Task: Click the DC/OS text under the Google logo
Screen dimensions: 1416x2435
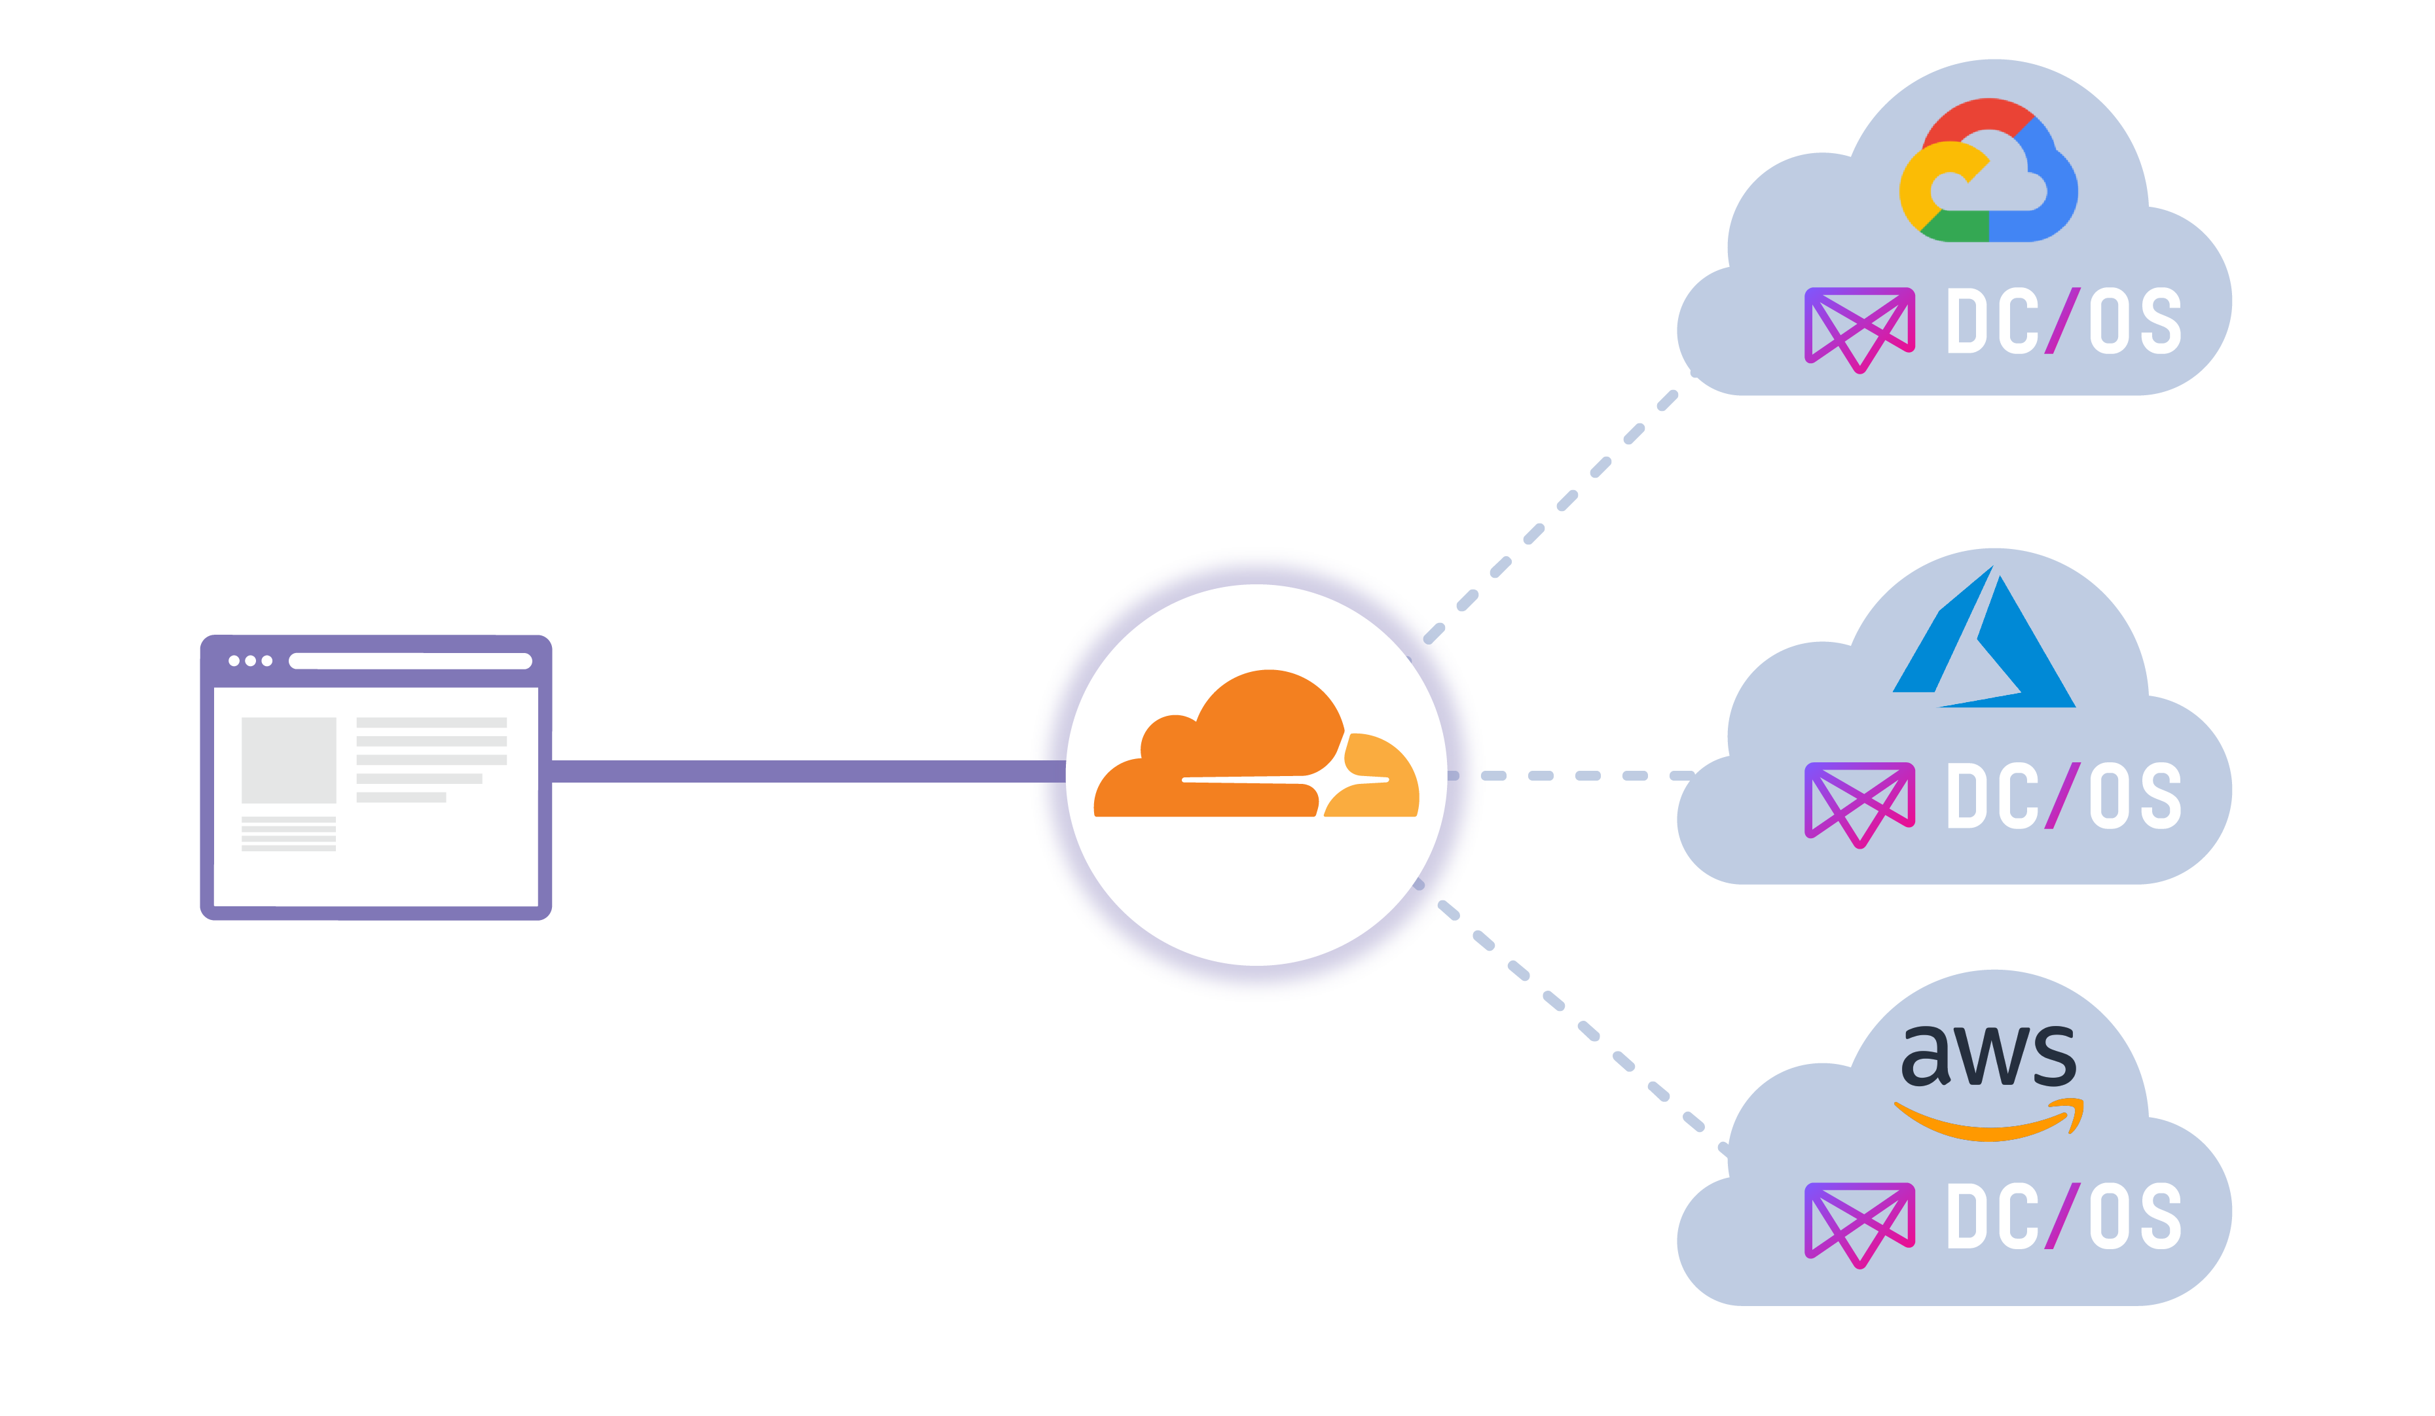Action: pos(2063,321)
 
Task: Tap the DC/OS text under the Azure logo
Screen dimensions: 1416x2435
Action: pos(2063,796)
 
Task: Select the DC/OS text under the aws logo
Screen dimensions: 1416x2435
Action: pos(2063,1216)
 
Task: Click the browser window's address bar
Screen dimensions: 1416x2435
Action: pos(410,661)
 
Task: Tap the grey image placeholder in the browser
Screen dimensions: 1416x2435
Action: pos(288,759)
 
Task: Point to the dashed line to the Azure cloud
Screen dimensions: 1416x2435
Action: pos(1584,775)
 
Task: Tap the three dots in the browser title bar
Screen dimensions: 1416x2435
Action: pos(250,661)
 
